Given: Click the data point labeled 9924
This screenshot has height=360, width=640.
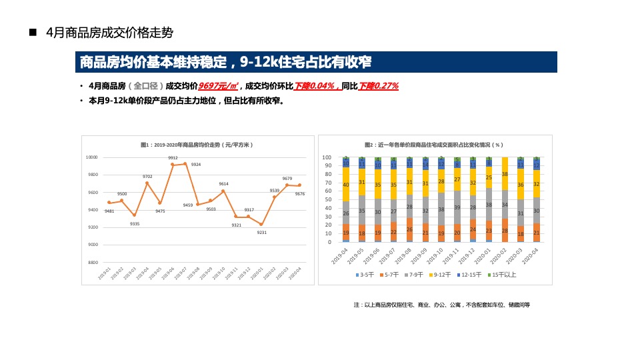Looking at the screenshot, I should point(185,163).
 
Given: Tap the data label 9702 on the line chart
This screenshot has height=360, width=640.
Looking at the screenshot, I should point(147,177).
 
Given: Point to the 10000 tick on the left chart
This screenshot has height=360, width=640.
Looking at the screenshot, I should point(91,157).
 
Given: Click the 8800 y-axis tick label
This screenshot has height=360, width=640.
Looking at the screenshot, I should point(92,263).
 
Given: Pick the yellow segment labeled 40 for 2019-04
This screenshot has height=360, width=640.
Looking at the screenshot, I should point(346,185).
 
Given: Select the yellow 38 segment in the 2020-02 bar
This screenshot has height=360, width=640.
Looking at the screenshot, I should point(505,174).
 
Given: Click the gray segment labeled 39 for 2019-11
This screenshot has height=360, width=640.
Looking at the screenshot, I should point(457,207).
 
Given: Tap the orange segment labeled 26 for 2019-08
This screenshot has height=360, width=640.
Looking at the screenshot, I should point(409,229).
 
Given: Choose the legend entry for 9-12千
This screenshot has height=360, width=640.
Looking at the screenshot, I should point(441,275).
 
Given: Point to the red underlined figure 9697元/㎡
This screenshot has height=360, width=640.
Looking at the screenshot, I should point(219,86).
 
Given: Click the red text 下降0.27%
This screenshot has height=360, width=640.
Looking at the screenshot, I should point(379,86).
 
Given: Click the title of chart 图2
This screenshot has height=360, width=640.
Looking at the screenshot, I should point(433,145).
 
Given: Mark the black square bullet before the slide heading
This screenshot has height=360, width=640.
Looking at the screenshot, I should point(32,33).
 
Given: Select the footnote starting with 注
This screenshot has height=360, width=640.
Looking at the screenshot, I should point(441,305).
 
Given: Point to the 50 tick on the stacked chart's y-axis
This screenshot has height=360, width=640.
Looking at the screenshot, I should point(327,200).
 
